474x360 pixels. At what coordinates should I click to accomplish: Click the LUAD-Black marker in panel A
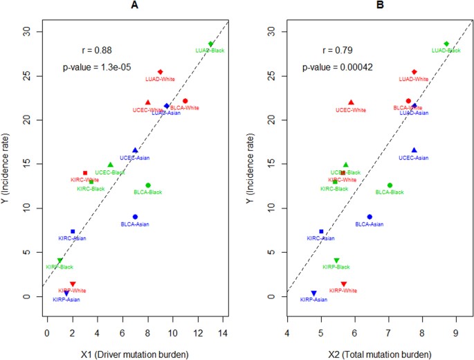click(211, 44)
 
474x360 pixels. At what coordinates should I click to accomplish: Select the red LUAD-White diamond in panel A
click(160, 72)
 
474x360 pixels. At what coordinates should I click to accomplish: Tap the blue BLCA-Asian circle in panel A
click(135, 217)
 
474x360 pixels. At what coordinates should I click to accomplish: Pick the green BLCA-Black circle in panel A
click(148, 186)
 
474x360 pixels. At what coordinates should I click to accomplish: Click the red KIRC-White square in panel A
click(85, 173)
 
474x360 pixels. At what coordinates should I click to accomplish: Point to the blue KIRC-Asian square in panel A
click(73, 231)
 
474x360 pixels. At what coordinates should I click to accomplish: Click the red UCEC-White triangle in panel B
click(351, 102)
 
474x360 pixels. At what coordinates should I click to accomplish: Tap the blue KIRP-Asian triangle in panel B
click(313, 294)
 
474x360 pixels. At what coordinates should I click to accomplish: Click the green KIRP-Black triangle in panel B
click(336, 260)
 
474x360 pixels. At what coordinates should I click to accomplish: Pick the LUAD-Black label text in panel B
click(446, 51)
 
